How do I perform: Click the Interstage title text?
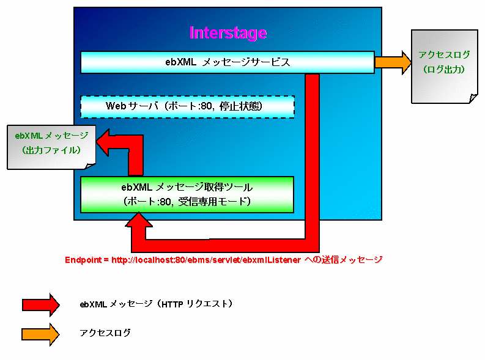tap(228, 32)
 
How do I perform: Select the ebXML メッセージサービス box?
tap(228, 62)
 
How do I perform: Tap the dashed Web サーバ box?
tap(187, 106)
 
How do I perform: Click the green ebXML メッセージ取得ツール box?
tap(187, 194)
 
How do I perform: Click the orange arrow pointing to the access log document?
tap(393, 62)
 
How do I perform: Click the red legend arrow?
tap(40, 304)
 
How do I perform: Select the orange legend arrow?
tap(40, 333)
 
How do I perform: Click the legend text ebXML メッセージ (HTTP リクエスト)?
tap(156, 304)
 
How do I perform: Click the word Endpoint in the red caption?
tap(83, 260)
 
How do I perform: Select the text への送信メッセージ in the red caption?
tap(343, 260)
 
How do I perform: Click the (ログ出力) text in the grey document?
tap(445, 70)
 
